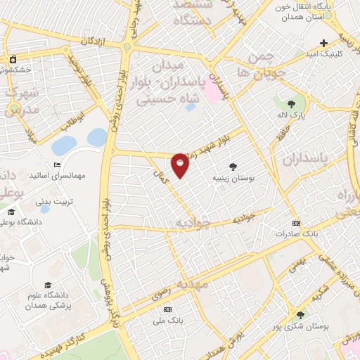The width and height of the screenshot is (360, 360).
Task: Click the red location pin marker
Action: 180,165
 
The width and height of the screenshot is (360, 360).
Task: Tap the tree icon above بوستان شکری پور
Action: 301,314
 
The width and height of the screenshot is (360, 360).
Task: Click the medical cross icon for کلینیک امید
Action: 323,44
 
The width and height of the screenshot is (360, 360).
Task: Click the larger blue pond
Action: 65,146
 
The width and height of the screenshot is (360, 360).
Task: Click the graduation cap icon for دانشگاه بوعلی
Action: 11,212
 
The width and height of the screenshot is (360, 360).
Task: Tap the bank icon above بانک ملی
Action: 167,309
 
